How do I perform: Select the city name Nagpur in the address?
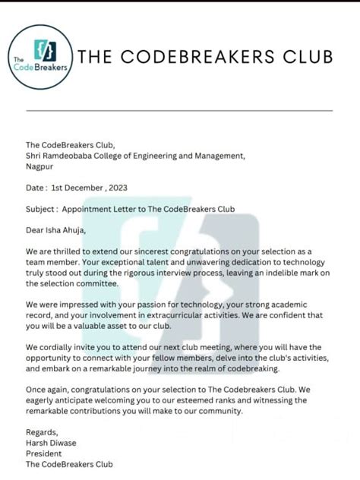click(40, 167)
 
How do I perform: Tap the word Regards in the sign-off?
click(43, 433)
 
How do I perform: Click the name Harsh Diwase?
click(52, 444)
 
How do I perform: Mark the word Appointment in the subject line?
click(88, 209)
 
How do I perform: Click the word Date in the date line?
click(35, 188)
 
